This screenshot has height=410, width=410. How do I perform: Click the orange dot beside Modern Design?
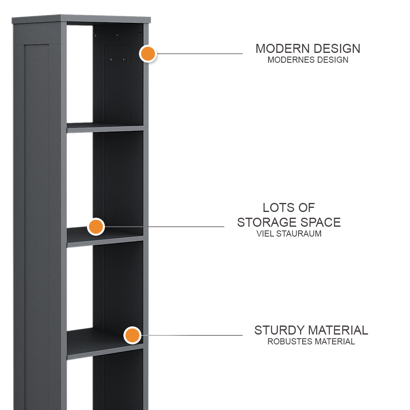148,54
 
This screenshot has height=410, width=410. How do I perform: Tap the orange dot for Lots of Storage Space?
96,227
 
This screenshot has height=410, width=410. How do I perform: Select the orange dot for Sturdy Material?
132,335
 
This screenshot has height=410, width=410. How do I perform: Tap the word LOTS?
279,207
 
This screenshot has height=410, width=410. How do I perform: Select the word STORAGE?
267,223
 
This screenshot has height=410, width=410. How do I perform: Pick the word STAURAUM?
299,234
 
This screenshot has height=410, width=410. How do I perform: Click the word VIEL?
265,234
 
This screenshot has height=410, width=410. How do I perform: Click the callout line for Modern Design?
200,54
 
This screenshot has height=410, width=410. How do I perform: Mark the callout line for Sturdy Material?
192,335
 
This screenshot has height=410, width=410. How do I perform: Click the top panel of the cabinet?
81,19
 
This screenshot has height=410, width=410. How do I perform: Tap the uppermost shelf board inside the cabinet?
105,128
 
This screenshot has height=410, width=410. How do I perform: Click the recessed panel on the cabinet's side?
37,227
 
